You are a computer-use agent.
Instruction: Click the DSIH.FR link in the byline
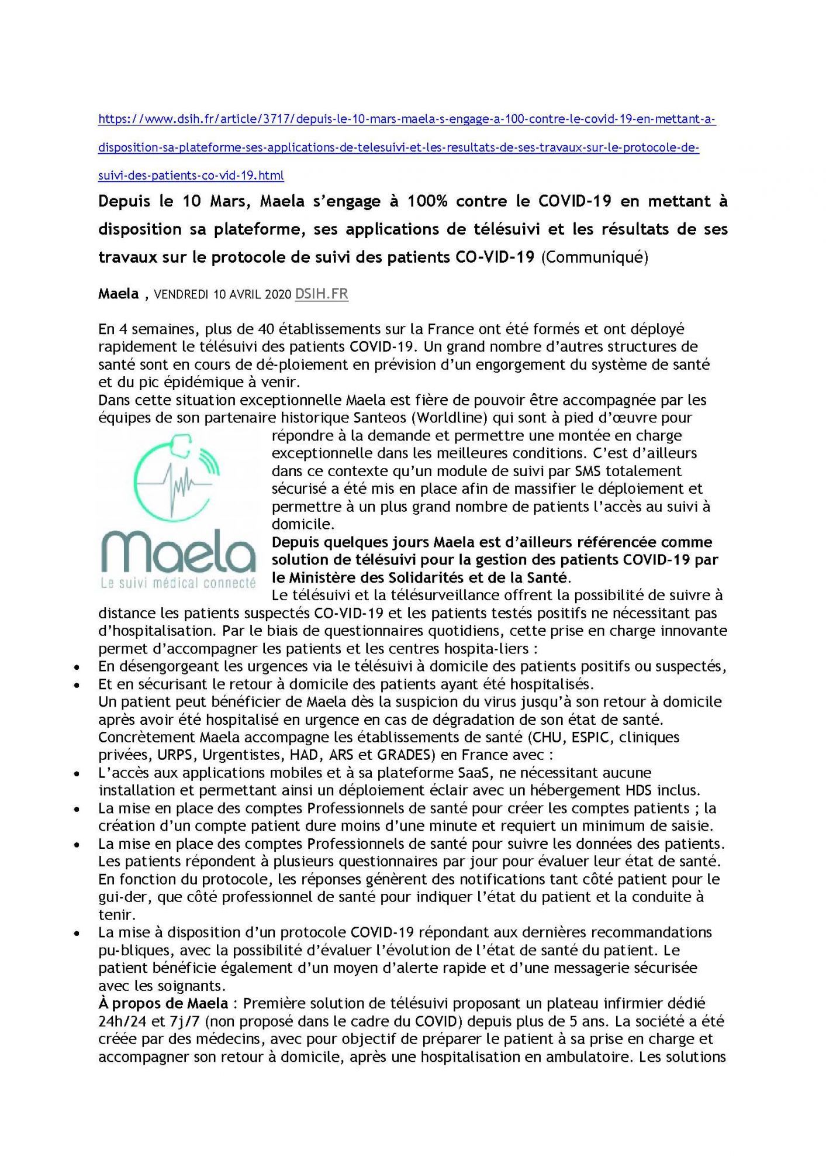[x=322, y=294]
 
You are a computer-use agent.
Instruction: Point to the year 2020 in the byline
[x=278, y=295]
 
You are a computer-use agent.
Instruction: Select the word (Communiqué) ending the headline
[x=594, y=258]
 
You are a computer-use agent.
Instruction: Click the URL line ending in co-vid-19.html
[x=191, y=175]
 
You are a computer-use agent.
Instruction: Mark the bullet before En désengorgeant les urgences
[x=77, y=666]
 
